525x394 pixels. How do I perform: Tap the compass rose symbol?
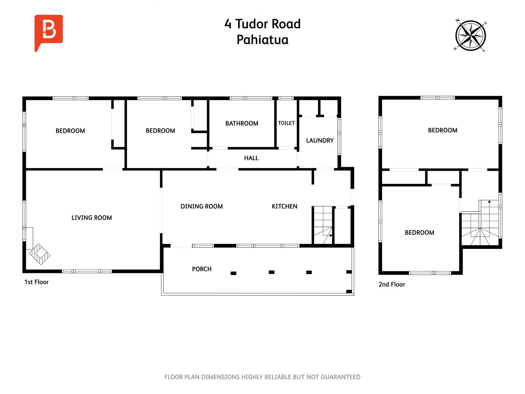(x=471, y=36)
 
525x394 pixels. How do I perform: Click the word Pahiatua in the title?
(x=262, y=40)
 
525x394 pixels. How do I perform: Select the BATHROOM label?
(x=241, y=123)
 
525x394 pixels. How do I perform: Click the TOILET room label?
(x=286, y=123)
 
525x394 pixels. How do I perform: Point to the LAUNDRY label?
(x=320, y=141)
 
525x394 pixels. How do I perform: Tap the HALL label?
(x=251, y=158)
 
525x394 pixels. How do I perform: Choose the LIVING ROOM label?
(x=92, y=218)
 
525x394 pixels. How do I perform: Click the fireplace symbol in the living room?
(x=39, y=254)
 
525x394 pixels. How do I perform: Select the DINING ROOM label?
(x=201, y=207)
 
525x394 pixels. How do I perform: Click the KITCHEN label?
(x=284, y=207)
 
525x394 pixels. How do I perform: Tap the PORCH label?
(x=201, y=269)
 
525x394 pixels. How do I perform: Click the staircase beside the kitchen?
(x=322, y=225)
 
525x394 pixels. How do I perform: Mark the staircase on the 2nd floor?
(x=481, y=227)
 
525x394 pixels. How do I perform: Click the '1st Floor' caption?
(x=36, y=282)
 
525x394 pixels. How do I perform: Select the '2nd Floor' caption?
(x=391, y=285)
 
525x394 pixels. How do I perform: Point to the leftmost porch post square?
(x=233, y=273)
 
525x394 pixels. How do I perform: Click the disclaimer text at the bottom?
(x=262, y=377)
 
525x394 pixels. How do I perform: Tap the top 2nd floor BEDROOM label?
(x=442, y=130)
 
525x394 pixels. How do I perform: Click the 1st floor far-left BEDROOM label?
(x=70, y=131)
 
